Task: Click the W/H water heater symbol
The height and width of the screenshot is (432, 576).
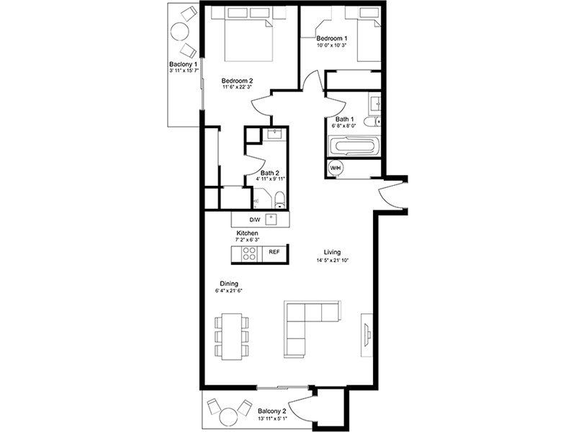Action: [336, 168]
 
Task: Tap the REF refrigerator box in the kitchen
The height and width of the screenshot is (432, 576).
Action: [274, 253]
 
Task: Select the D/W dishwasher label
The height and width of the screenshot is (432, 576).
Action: [253, 219]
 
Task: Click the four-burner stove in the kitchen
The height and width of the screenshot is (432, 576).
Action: [249, 253]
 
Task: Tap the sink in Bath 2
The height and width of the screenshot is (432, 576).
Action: [274, 135]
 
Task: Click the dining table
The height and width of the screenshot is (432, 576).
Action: [230, 336]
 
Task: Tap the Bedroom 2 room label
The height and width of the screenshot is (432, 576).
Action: [237, 81]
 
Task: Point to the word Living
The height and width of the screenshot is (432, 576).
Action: [332, 252]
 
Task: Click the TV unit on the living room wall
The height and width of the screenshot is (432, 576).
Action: [366, 333]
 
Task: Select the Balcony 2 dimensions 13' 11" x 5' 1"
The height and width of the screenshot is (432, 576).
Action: [273, 418]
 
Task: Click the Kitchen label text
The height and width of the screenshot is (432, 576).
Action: [247, 234]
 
